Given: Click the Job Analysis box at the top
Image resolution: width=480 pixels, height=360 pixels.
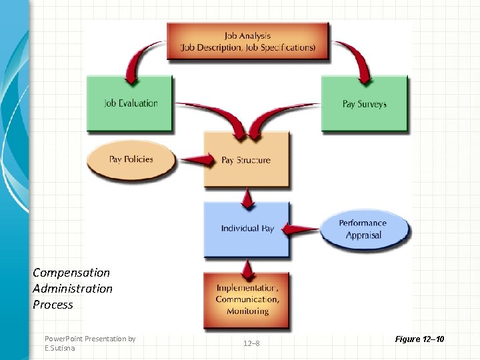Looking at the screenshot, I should [248, 41].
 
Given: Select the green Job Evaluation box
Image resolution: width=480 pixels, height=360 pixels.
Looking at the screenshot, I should [131, 103].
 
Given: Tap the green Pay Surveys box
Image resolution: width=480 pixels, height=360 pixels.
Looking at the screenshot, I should [364, 104].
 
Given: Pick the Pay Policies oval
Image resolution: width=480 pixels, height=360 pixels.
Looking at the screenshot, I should [131, 159].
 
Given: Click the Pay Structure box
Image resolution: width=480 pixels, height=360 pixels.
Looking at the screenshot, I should [246, 160].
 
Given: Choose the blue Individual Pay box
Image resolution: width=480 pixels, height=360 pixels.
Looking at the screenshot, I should [247, 229].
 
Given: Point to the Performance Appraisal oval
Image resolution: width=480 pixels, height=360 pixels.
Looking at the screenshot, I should [363, 229].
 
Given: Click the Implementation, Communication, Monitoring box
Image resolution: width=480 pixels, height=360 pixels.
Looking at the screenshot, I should [247, 299].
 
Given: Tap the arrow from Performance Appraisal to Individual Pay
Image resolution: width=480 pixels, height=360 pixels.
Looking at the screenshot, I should [303, 229].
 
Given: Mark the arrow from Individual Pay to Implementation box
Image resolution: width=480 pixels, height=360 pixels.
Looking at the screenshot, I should [248, 267].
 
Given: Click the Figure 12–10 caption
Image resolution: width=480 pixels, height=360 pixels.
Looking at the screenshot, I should [419, 340].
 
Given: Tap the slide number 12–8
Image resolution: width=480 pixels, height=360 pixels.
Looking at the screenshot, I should [251, 343].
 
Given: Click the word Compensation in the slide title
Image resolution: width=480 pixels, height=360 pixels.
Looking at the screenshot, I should [71, 272].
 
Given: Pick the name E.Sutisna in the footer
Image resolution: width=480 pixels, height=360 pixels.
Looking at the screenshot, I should [60, 348].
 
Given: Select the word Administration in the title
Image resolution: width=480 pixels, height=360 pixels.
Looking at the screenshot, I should [73, 288].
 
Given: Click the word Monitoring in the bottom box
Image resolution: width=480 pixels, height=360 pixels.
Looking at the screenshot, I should [247, 311].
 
